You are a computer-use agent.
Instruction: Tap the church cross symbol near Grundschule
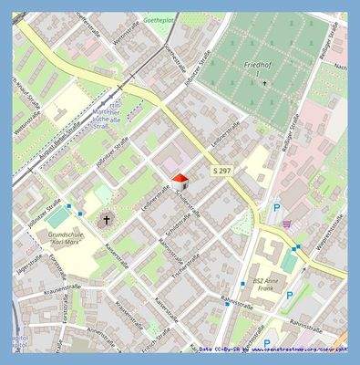(105, 219)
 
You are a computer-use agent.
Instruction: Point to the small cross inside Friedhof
(265, 84)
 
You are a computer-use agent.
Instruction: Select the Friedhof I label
(265, 68)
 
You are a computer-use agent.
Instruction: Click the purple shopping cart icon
(287, 222)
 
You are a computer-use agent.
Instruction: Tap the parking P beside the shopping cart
(276, 208)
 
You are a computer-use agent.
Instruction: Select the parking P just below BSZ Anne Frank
(290, 296)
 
